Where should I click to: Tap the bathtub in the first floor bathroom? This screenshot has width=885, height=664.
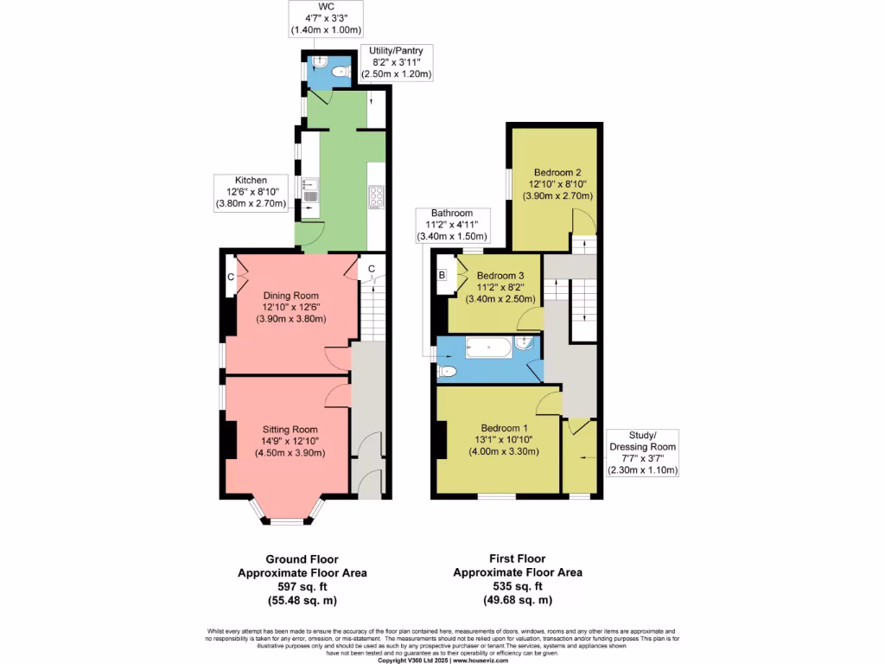488,348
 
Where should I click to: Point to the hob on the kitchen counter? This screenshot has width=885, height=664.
377,197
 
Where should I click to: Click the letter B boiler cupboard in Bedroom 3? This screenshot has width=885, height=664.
442,276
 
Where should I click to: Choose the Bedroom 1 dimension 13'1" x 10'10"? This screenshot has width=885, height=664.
503,439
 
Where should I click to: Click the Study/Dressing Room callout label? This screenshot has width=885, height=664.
642,453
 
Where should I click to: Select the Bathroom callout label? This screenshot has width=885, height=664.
452,225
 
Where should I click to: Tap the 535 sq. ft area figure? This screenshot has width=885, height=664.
517,586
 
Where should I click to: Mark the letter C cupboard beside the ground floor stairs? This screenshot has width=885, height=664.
371,268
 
